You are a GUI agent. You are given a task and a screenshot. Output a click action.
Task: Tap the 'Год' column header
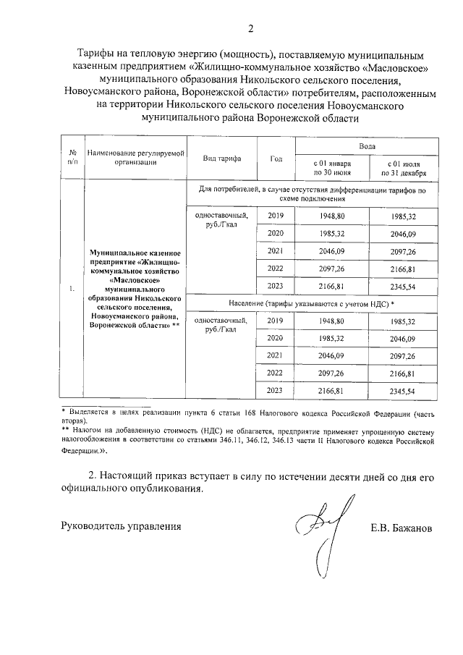pos(276,158)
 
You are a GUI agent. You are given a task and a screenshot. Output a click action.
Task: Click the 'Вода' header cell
pos(367,145)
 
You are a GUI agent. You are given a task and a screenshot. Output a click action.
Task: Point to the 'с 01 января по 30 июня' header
pos(332,169)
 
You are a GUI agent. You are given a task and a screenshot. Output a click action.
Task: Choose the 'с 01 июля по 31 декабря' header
pos(403,169)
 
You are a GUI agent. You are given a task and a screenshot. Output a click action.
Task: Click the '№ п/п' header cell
pos(72,158)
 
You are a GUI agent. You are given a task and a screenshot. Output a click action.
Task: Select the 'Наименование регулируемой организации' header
pos(135,158)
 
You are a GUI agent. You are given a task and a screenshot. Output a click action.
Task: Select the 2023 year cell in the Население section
pos(276,391)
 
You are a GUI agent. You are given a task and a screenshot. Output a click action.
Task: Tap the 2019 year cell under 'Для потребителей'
pos(276,216)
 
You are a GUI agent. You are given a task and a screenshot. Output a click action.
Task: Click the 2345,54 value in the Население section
pos(403,392)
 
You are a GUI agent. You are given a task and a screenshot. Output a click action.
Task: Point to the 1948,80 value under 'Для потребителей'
pos(332,216)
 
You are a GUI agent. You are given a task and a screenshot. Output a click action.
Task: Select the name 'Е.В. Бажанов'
pos(400,528)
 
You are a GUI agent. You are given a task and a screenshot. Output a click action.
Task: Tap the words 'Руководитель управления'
pos(121,526)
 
